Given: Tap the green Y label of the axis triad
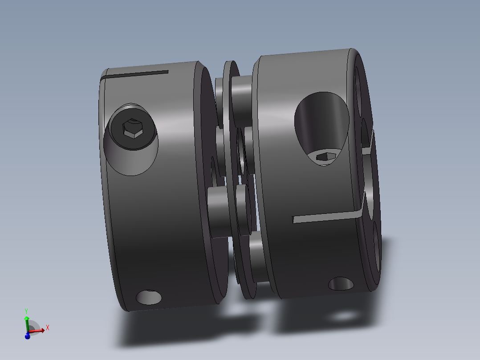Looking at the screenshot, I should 26,311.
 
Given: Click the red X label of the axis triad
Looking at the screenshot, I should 47,328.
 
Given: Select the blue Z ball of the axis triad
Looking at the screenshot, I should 27,336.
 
